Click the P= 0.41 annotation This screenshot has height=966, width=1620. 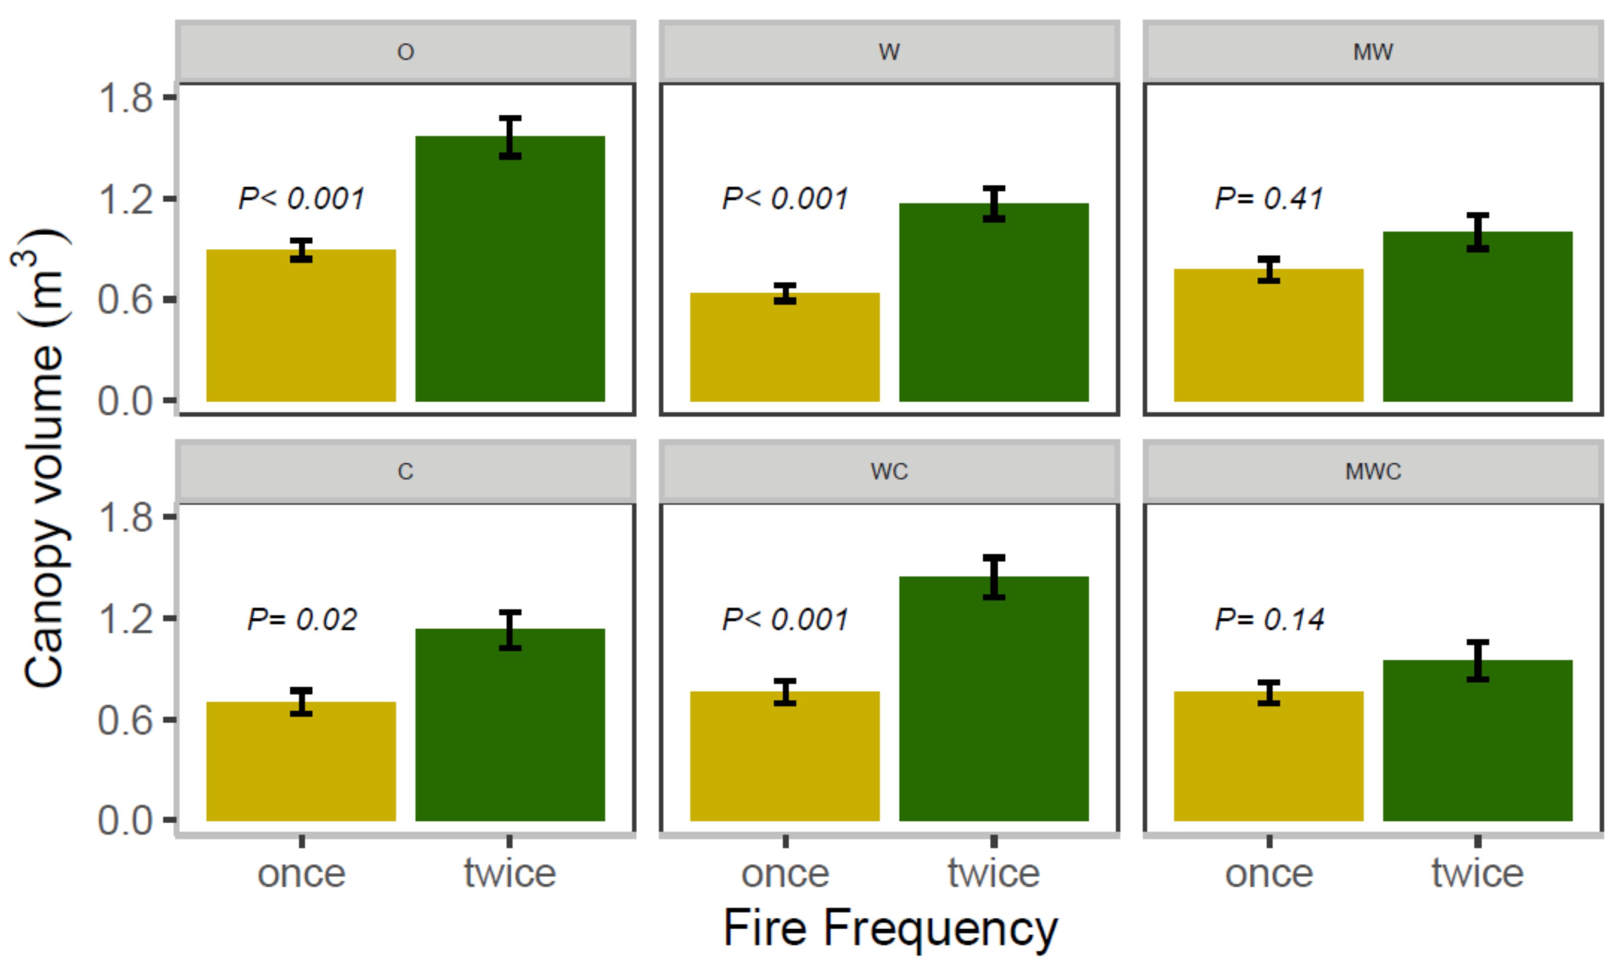[x=1268, y=199]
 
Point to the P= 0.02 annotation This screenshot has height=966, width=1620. [x=302, y=619]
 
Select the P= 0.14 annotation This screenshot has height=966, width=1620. [x=1269, y=619]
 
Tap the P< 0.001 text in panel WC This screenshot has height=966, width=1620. [x=785, y=619]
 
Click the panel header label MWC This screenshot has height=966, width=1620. [x=1372, y=471]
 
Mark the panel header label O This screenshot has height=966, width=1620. [x=405, y=52]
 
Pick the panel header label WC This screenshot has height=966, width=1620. [x=889, y=471]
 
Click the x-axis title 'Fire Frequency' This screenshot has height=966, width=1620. [x=890, y=928]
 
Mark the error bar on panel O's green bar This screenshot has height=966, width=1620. [x=510, y=137]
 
